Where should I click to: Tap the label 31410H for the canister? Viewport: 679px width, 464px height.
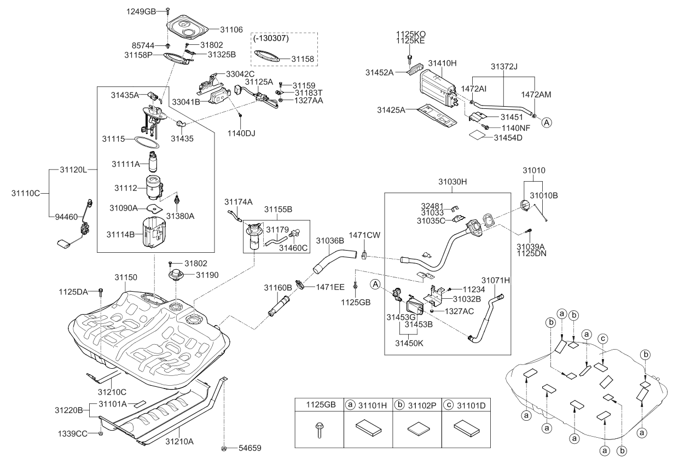tap(442, 63)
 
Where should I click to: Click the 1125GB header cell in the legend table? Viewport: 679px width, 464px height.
tap(318, 405)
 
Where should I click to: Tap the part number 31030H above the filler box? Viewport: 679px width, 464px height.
tap(452, 181)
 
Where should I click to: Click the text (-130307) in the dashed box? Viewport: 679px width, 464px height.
tap(271, 39)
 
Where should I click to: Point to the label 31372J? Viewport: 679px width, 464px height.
tap(504, 66)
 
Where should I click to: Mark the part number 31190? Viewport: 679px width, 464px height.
tap(207, 275)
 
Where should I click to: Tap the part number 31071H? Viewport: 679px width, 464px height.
tap(496, 280)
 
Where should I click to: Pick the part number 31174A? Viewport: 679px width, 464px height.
tap(238, 202)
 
